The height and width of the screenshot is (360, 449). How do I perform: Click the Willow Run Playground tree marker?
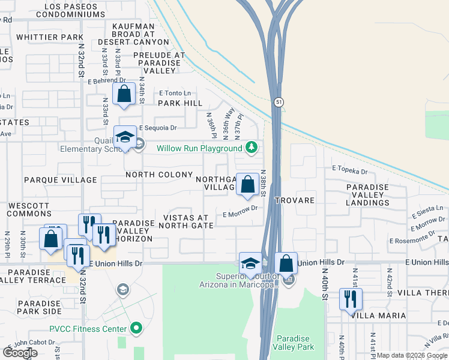pyautogui.click(x=252, y=148)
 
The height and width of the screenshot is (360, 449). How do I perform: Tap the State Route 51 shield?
pyautogui.click(x=279, y=103)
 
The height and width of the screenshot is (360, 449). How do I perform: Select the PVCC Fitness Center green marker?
pyautogui.click(x=136, y=328)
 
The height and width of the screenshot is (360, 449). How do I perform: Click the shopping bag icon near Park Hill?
pyautogui.click(x=124, y=94)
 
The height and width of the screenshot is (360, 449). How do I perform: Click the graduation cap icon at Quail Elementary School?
pyautogui.click(x=125, y=137)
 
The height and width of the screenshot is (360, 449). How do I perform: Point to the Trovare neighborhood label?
pyautogui.click(x=295, y=200)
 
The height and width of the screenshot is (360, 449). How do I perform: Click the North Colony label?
pyautogui.click(x=159, y=175)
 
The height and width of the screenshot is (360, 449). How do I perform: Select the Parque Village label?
pyautogui.click(x=61, y=179)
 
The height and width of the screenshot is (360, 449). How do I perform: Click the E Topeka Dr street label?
pyautogui.click(x=349, y=171)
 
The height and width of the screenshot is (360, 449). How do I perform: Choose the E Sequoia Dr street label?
pyautogui.click(x=158, y=128)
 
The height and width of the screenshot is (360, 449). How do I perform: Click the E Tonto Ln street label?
pyautogui.click(x=175, y=93)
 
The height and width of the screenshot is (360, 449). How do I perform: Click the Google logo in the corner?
pyautogui.click(x=20, y=353)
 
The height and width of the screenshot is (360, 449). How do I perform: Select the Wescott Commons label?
pyautogui.click(x=29, y=209)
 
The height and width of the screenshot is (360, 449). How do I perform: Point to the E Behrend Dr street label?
pyautogui.click(x=106, y=80)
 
